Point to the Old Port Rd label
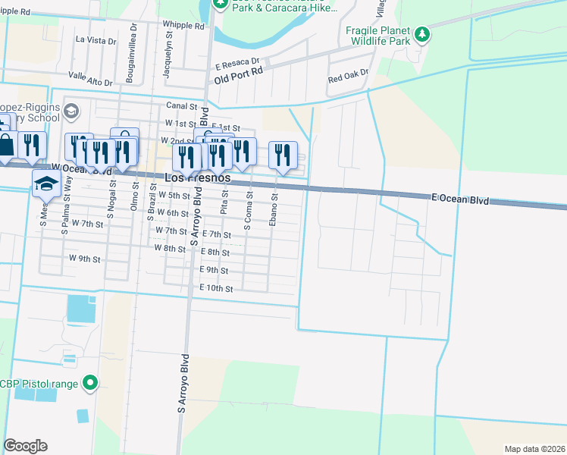pos(238,78)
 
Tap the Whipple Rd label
pos(183,25)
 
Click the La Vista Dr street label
pos(96,39)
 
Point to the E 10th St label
pos(215,288)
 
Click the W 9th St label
pos(84,259)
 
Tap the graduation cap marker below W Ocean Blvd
pos(45,183)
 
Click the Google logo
pos(25,446)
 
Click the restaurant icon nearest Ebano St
pos(282,155)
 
